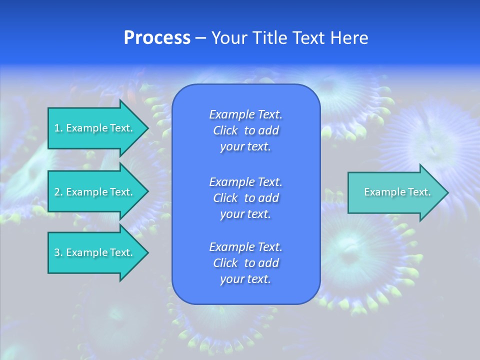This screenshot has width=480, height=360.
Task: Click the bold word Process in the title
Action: [x=157, y=38]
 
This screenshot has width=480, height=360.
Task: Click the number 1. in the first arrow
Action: [x=58, y=128]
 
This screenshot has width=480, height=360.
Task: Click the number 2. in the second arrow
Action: [x=58, y=192]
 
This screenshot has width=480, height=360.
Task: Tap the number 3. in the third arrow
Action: [x=58, y=252]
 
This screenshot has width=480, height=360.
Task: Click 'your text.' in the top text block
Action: [x=245, y=147]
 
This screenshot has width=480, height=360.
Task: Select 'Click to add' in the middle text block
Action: [x=245, y=198]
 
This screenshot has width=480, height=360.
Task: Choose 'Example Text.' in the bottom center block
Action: [x=245, y=246]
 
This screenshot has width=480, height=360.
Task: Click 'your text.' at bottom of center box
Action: [x=245, y=279]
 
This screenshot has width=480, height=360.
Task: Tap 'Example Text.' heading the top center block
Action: [x=245, y=114]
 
